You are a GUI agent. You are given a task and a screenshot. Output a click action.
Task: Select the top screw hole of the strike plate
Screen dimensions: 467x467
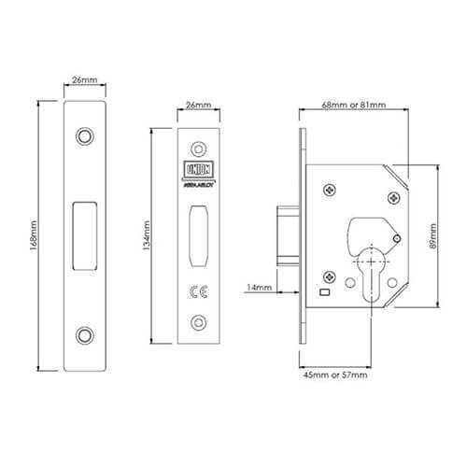tap(87, 134)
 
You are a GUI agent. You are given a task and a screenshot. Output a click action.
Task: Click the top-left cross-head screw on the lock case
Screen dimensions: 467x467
tap(331, 190)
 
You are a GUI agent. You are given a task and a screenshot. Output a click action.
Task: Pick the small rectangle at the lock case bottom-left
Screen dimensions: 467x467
tap(323, 293)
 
